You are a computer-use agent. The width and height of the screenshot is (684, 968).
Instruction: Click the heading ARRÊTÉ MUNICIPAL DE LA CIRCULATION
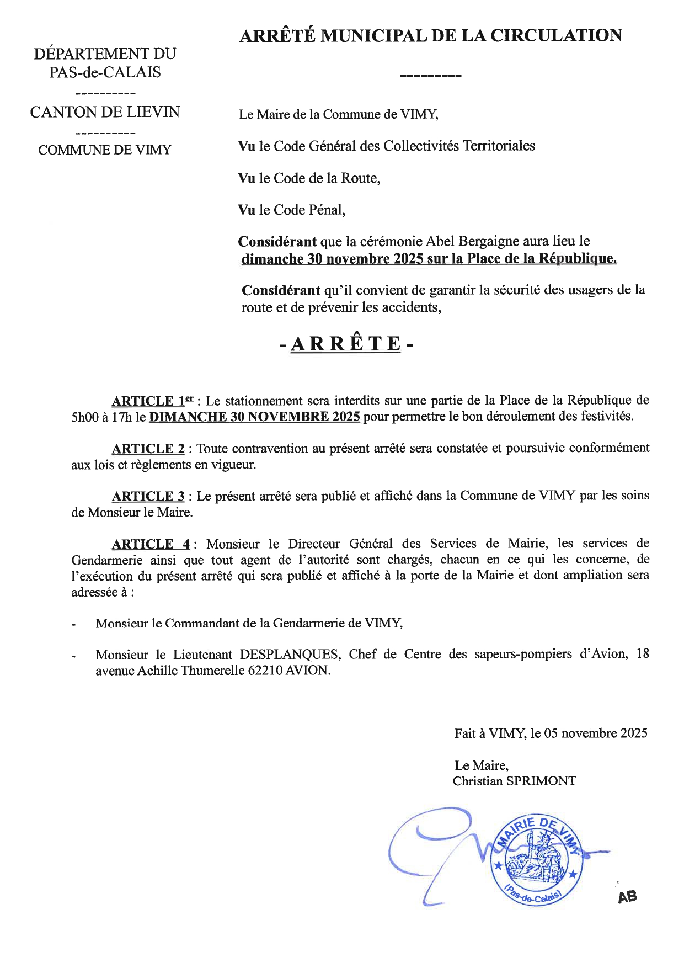431,36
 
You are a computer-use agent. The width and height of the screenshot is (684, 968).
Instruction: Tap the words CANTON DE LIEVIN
105,112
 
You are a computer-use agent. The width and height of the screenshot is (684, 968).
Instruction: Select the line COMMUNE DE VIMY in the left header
105,150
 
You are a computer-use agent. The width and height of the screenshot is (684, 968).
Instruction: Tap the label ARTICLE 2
148,448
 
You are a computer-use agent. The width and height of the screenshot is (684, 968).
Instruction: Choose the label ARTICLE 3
148,496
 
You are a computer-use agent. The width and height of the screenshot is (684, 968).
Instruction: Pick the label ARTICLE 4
151,544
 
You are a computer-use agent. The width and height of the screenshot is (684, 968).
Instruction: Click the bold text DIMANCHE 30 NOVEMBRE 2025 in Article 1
255,417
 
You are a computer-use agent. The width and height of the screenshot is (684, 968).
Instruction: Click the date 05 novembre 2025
595,733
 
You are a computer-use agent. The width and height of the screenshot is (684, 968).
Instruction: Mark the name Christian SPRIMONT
514,781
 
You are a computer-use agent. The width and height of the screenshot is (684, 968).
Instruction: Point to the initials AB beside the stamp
627,897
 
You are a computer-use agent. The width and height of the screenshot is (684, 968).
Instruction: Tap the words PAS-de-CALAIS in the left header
105,72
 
